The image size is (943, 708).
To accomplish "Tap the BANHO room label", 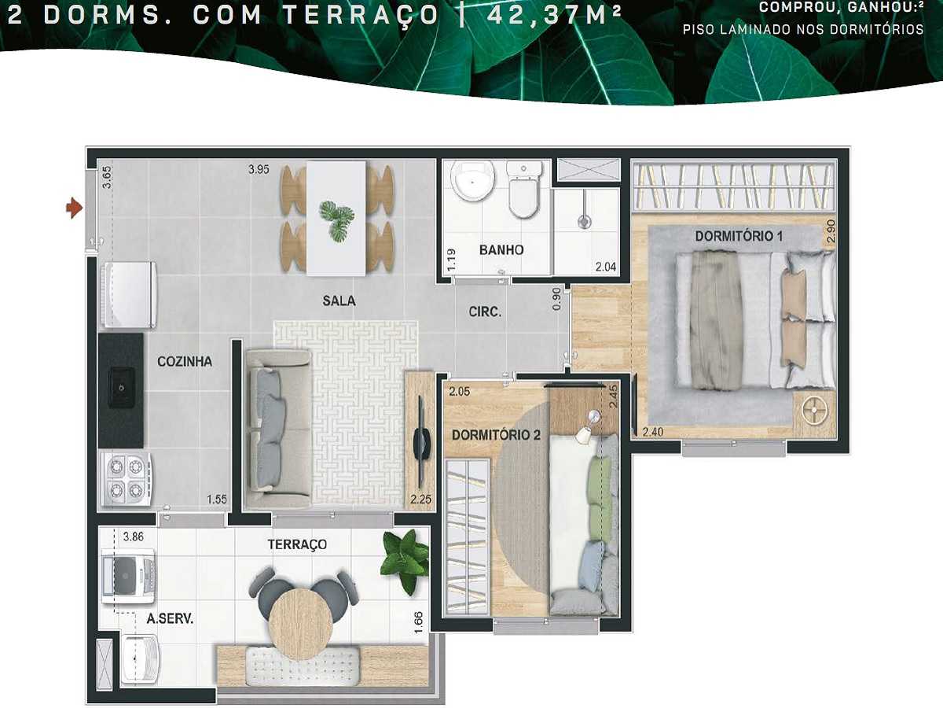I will pyautogui.click(x=501, y=250).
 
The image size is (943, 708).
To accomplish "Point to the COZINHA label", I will pyautogui.click(x=185, y=362).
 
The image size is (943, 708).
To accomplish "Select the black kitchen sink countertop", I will pyautogui.click(x=120, y=389).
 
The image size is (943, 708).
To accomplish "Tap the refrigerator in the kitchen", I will pyautogui.click(x=130, y=293).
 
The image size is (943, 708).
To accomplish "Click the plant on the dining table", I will pyautogui.click(x=336, y=219).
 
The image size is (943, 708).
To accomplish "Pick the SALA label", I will pyautogui.click(x=339, y=301).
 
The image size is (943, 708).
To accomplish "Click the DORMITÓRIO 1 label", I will pyautogui.click(x=738, y=236).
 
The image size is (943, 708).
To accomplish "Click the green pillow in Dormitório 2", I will pyautogui.click(x=600, y=478).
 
